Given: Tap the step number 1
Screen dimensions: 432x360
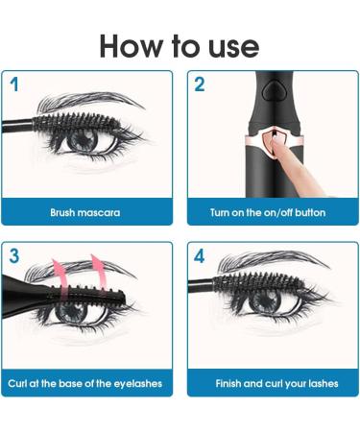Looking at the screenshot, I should pyautogui.click(x=15, y=84).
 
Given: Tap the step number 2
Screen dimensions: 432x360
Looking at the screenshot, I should pyautogui.click(x=200, y=84).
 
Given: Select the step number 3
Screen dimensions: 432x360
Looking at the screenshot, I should pyautogui.click(x=15, y=256).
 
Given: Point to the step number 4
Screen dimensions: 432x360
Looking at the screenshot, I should pyautogui.click(x=200, y=256).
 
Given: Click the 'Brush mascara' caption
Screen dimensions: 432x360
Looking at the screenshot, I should pyautogui.click(x=85, y=211).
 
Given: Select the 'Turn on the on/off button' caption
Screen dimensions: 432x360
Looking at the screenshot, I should pyautogui.click(x=268, y=211).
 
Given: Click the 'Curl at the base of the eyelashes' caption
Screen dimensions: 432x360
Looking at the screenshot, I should pyautogui.click(x=85, y=384).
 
